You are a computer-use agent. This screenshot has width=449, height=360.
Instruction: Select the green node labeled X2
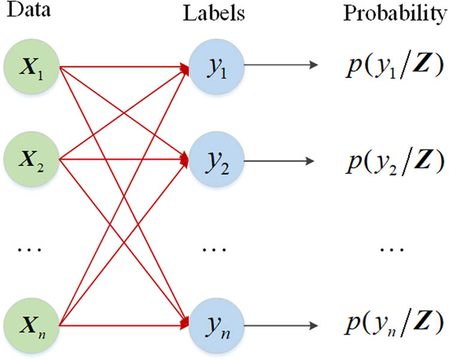pyautogui.click(x=32, y=159)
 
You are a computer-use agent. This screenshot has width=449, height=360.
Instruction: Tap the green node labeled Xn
pyautogui.click(x=32, y=327)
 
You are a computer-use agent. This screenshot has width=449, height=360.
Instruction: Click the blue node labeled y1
pyautogui.click(x=217, y=68)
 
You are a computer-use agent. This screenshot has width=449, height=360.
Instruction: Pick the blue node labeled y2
pyautogui.click(x=217, y=160)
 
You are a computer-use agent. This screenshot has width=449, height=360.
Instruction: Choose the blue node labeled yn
pyautogui.click(x=217, y=327)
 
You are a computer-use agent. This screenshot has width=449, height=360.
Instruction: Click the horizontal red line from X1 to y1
pyautogui.click(x=123, y=68)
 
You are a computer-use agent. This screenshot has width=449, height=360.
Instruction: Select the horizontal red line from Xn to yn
pyautogui.click(x=123, y=327)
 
